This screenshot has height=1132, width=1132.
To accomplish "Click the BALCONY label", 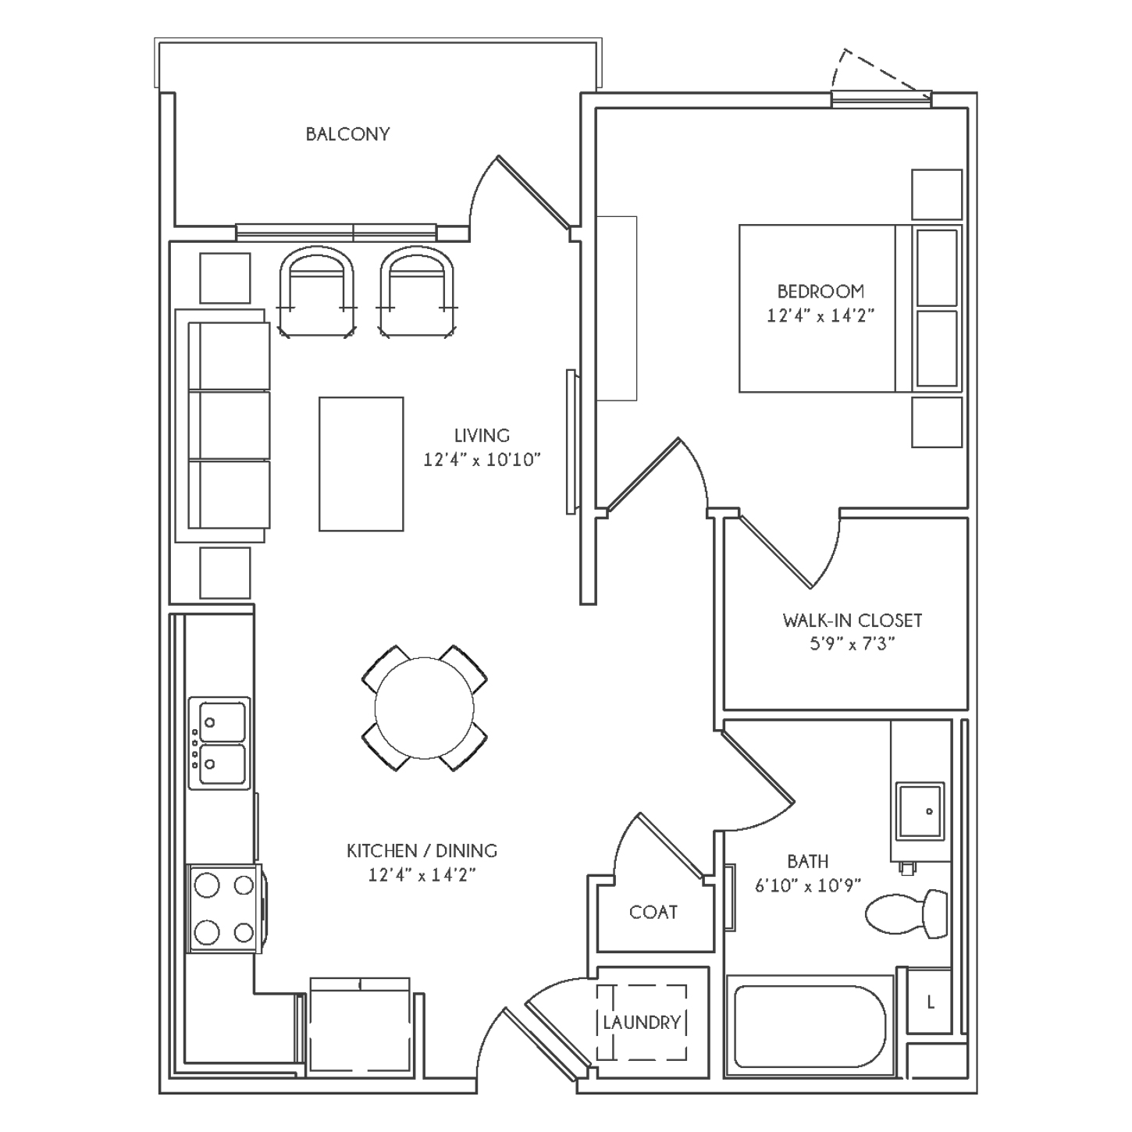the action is tap(347, 134).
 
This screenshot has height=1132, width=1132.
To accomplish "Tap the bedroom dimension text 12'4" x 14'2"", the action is tap(820, 316).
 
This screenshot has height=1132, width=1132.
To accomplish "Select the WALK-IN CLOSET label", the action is tap(853, 621).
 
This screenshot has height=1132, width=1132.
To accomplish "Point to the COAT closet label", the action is tap(653, 913).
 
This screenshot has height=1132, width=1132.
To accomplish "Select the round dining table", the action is tap(424, 708).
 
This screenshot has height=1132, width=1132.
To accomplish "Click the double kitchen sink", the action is tap(219, 743).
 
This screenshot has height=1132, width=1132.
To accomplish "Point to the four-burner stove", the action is tap(224, 908).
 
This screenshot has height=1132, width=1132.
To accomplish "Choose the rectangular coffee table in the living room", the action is tap(361, 464).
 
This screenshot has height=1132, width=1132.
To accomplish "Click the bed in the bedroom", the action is tap(851, 308).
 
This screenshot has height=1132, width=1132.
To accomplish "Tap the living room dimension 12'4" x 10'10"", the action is tap(482, 460).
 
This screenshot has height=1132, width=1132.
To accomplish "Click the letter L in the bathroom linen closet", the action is tap(931, 1002).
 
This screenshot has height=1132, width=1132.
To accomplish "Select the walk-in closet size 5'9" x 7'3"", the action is tap(853, 644).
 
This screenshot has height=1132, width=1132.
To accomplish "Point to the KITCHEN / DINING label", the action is tap(422, 851).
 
